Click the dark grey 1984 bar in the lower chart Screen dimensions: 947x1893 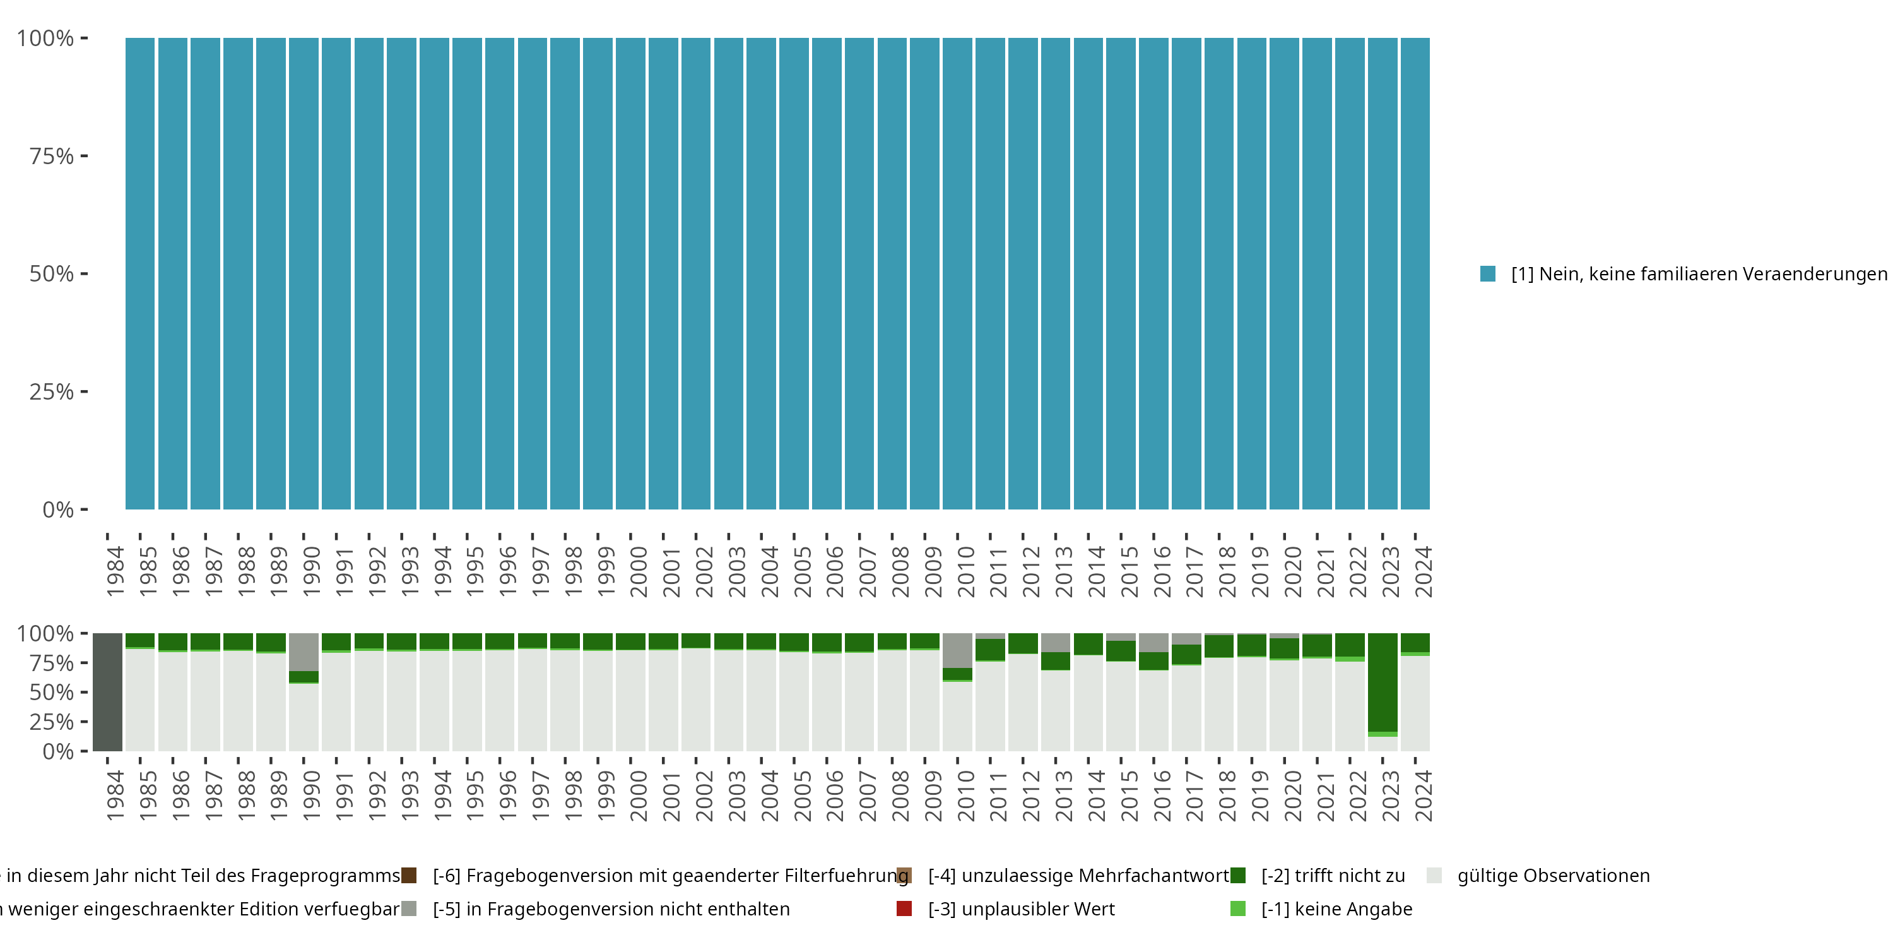pyautogui.click(x=107, y=692)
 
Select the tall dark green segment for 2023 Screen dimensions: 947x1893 pyautogui.click(x=1383, y=682)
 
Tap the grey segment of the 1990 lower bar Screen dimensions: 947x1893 pyautogui.click(x=304, y=652)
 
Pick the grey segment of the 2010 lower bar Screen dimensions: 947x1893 pyautogui.click(x=957, y=650)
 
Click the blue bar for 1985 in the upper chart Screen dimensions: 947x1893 pyautogui.click(x=139, y=273)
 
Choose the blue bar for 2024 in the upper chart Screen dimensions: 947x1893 pyautogui.click(x=1415, y=273)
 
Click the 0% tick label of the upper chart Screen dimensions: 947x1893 pyautogui.click(x=57, y=509)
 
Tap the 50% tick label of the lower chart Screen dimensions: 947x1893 pyautogui.click(x=52, y=693)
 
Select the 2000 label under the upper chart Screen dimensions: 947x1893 pyautogui.click(x=638, y=571)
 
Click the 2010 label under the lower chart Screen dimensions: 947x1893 pyautogui.click(x=965, y=795)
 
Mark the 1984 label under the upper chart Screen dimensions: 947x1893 pyautogui.click(x=115, y=571)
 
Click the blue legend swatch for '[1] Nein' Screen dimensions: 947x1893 pyautogui.click(x=1487, y=273)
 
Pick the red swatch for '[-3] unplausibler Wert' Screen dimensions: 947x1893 pyautogui.click(x=904, y=908)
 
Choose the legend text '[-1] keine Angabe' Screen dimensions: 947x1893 pyautogui.click(x=1336, y=908)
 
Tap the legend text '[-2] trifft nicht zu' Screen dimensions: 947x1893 pyautogui.click(x=1333, y=876)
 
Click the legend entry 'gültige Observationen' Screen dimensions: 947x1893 pyautogui.click(x=1553, y=876)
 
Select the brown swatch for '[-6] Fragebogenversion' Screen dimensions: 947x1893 pyautogui.click(x=409, y=876)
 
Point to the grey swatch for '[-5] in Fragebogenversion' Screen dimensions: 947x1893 pyautogui.click(x=409, y=908)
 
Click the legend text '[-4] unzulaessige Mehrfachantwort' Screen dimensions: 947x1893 pyautogui.click(x=1078, y=876)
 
